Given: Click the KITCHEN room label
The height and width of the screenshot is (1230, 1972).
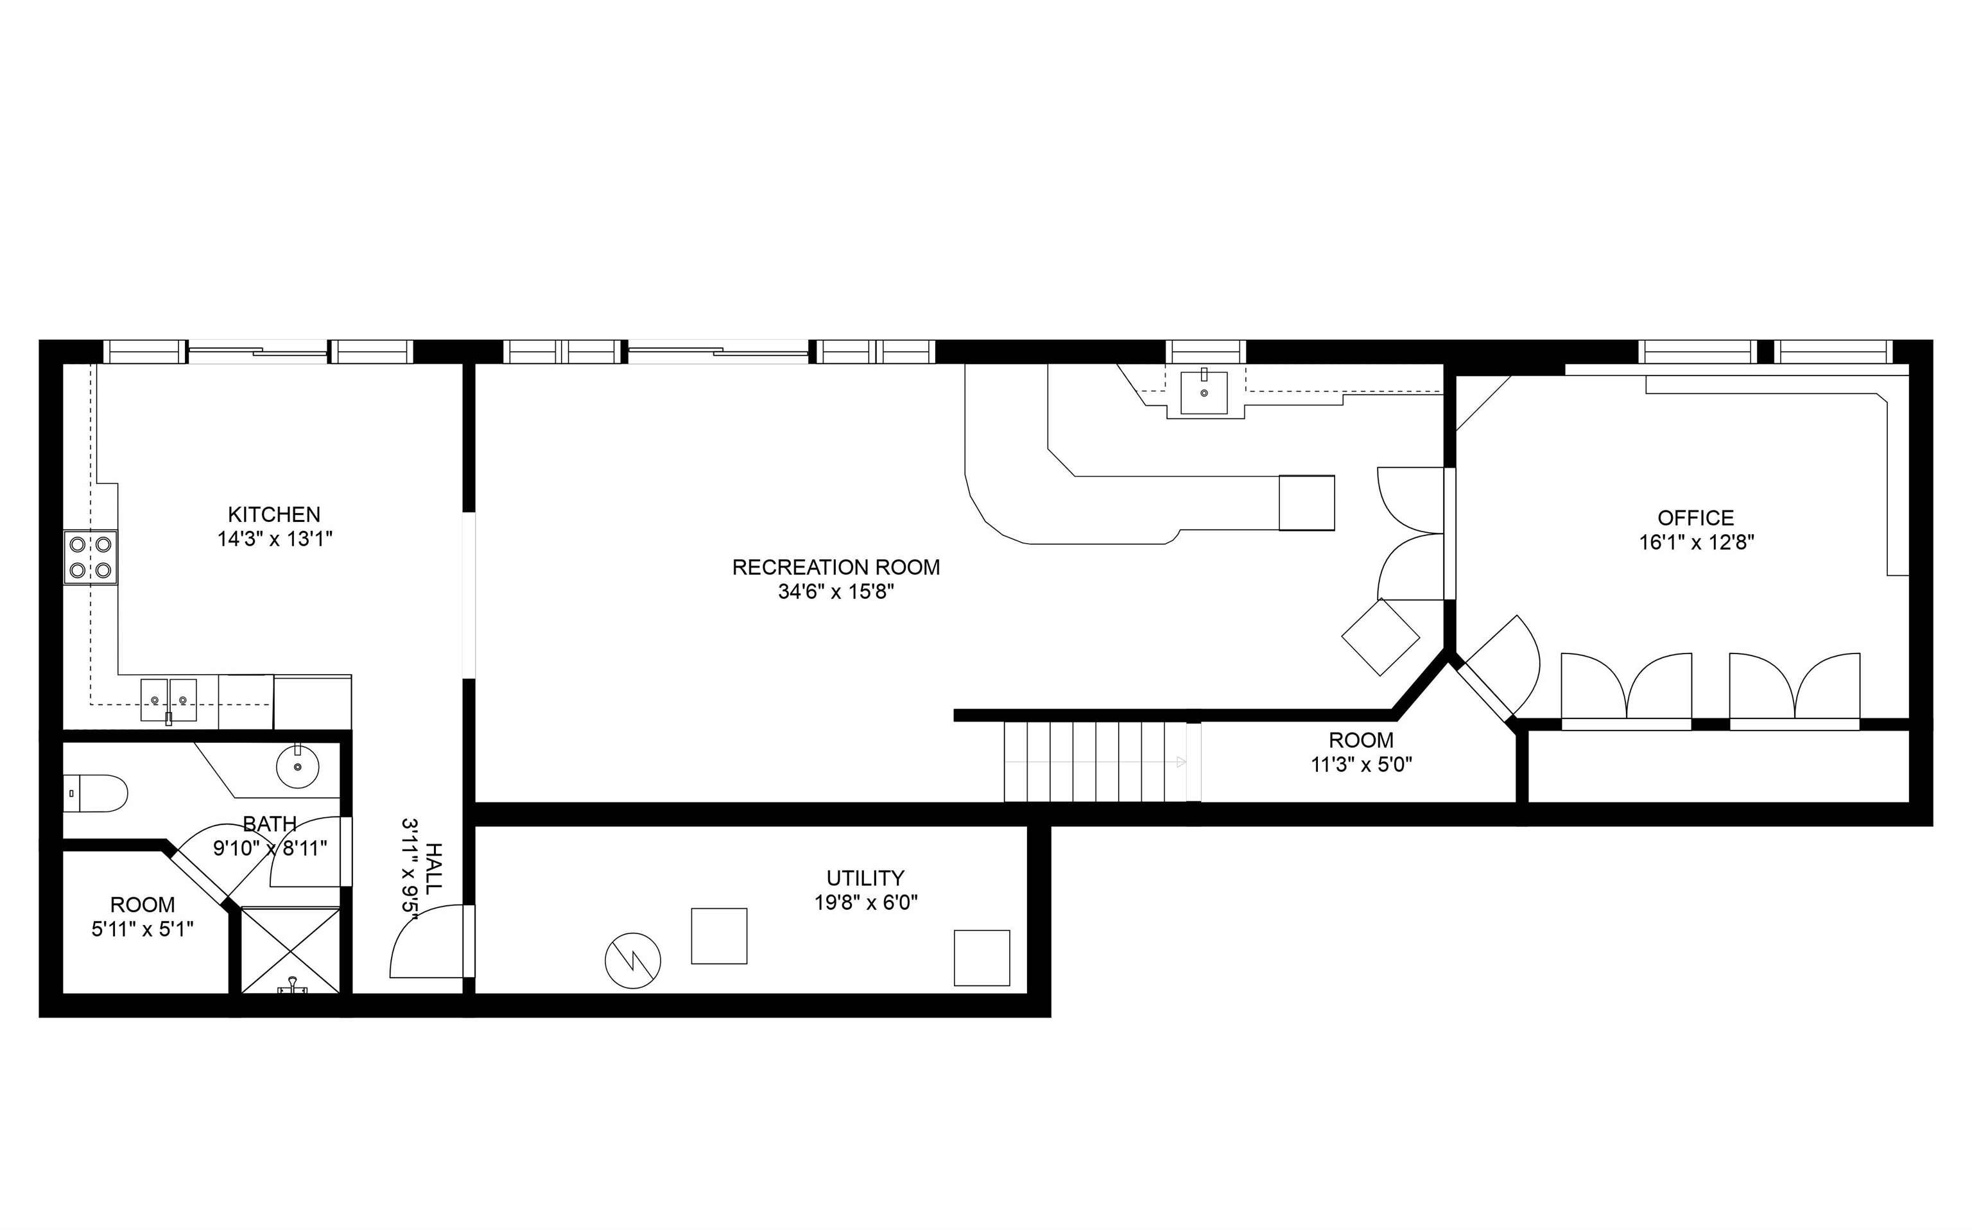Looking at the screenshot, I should point(274,514).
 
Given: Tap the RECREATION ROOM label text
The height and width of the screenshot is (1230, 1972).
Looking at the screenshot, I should point(836,567).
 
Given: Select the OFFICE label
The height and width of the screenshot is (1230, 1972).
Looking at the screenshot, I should point(1695,517).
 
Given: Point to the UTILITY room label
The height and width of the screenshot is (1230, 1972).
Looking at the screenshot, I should point(865,878).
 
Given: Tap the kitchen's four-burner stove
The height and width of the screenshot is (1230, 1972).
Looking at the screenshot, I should point(91,557).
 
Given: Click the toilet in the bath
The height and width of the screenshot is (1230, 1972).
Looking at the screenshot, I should point(96,793).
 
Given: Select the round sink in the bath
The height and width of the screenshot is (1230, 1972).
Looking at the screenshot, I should point(298,767).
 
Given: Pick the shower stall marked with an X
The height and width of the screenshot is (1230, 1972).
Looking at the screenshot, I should point(291,949).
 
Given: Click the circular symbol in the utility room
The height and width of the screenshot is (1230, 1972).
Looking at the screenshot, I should point(633,961).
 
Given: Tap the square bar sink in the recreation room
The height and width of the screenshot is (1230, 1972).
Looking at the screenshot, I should point(1204,393).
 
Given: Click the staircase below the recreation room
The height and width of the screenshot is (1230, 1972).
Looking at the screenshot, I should point(1094,761).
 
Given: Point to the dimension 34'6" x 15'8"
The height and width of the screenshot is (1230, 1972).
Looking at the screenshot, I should point(836,591).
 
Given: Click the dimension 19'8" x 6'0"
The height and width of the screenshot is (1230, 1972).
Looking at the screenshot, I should point(866,902).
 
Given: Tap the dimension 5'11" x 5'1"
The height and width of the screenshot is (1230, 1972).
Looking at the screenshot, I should point(143,929).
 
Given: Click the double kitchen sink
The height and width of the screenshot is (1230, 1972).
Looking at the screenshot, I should point(169,700).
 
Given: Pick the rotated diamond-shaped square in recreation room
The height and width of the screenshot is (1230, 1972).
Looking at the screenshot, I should point(1380,637).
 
